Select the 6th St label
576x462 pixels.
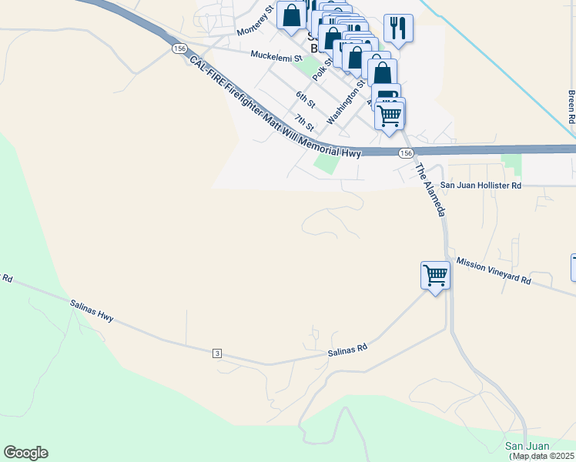click(306, 100)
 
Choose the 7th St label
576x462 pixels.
click(304, 122)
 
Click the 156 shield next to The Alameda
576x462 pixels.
click(407, 154)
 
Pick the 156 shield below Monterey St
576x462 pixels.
click(179, 49)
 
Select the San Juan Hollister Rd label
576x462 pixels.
click(481, 186)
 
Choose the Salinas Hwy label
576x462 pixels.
click(92, 313)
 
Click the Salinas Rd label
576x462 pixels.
click(347, 350)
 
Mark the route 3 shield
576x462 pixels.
click(218, 353)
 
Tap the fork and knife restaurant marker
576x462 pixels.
click(398, 28)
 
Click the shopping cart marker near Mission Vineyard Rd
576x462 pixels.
click(435, 275)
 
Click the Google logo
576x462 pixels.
click(25, 453)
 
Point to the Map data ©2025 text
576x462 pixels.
click(543, 456)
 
